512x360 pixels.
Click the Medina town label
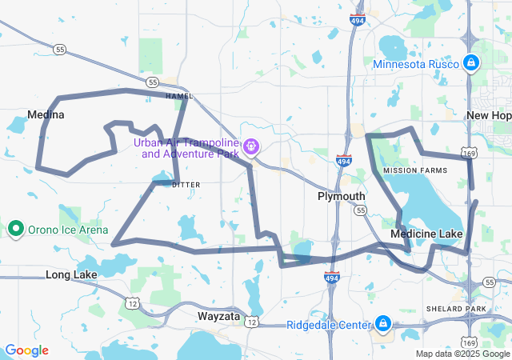46,114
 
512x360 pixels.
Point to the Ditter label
186,184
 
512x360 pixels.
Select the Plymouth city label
341,196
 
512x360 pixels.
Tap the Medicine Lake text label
426,234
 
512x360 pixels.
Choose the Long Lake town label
71,274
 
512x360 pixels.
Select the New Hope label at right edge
489,115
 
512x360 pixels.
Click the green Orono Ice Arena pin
15,230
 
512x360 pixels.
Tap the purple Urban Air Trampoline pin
251,146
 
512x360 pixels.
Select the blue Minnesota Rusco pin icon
471,62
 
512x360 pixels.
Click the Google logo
26,350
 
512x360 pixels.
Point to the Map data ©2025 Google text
462,354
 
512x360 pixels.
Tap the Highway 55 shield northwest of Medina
60,50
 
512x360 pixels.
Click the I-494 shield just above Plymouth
343,162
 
